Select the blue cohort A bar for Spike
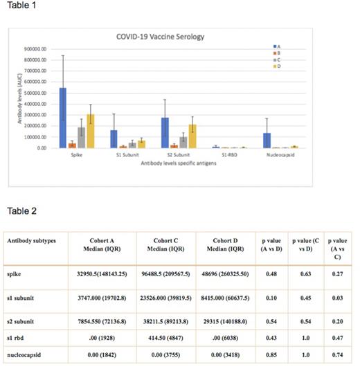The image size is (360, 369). coord(62,118)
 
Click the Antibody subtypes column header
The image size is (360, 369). coord(31,240)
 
